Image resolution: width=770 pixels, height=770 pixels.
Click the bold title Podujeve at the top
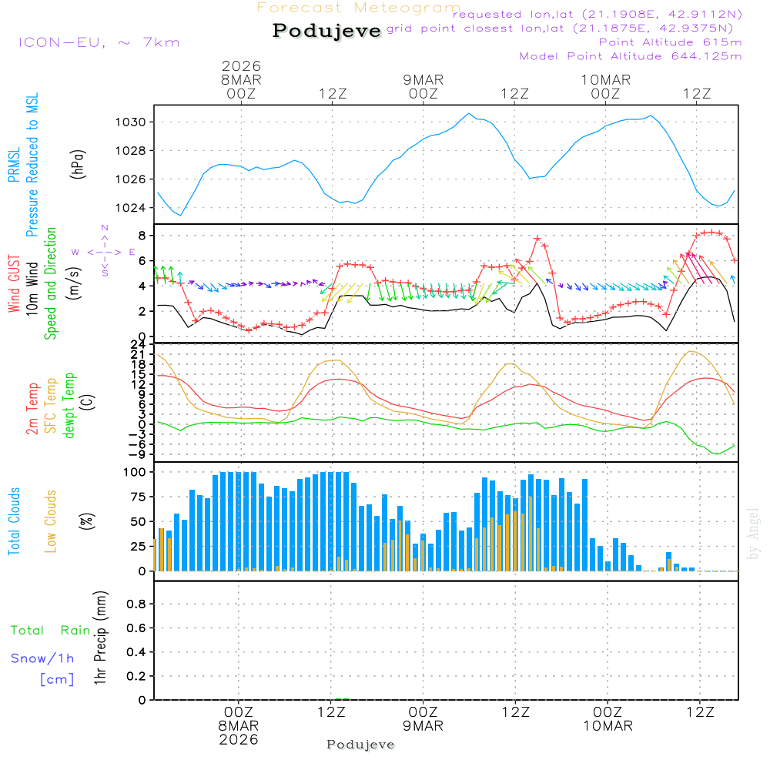point(327,31)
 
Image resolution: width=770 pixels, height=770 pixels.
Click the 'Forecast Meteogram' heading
point(359,8)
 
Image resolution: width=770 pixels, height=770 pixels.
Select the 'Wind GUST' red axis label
point(14,285)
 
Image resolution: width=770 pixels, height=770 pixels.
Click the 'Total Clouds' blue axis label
point(14,521)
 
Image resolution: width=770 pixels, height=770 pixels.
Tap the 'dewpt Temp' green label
point(69,406)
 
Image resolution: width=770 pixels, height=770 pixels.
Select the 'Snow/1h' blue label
point(43,658)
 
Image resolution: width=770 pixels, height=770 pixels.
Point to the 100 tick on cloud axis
point(136,471)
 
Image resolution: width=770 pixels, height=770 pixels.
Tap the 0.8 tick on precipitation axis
point(136,604)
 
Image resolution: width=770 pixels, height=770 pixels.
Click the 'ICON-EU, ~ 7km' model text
point(99,42)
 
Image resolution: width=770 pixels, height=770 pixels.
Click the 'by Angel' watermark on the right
point(753,534)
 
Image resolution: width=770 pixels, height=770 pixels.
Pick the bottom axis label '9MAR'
point(423,726)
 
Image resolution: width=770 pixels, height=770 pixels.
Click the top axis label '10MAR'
point(606,79)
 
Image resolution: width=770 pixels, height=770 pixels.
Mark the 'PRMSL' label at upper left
point(14,166)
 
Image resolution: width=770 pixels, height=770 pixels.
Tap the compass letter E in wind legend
point(132,252)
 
